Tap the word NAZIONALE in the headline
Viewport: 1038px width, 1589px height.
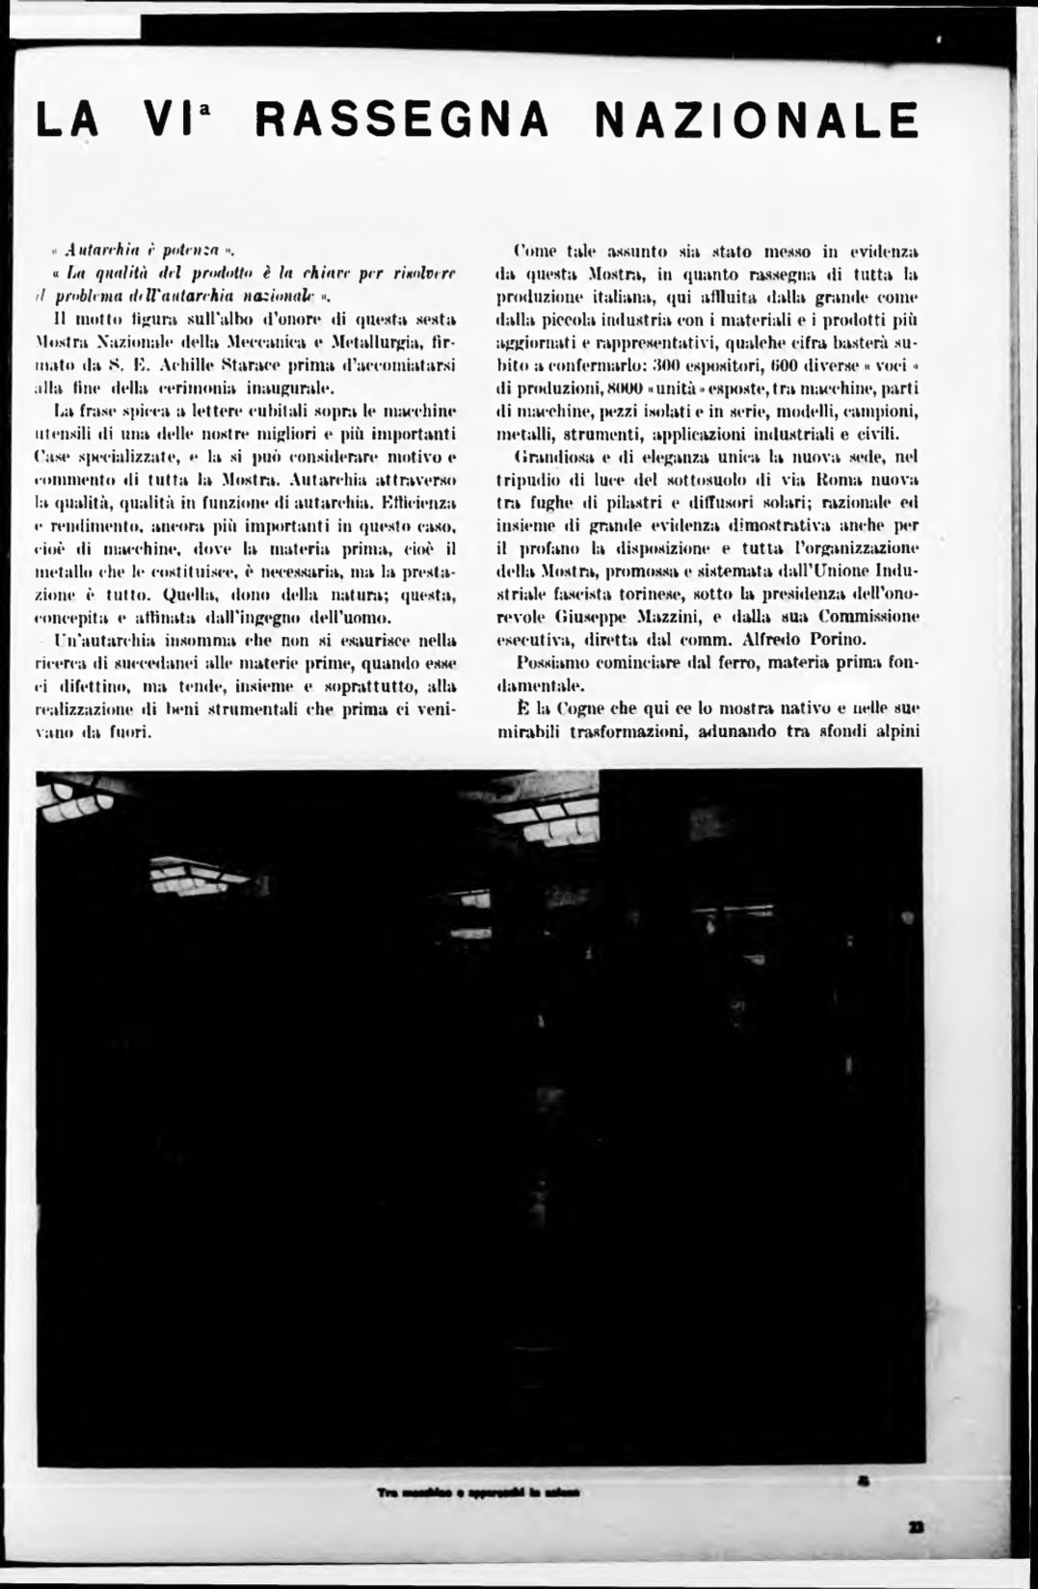(x=755, y=121)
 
